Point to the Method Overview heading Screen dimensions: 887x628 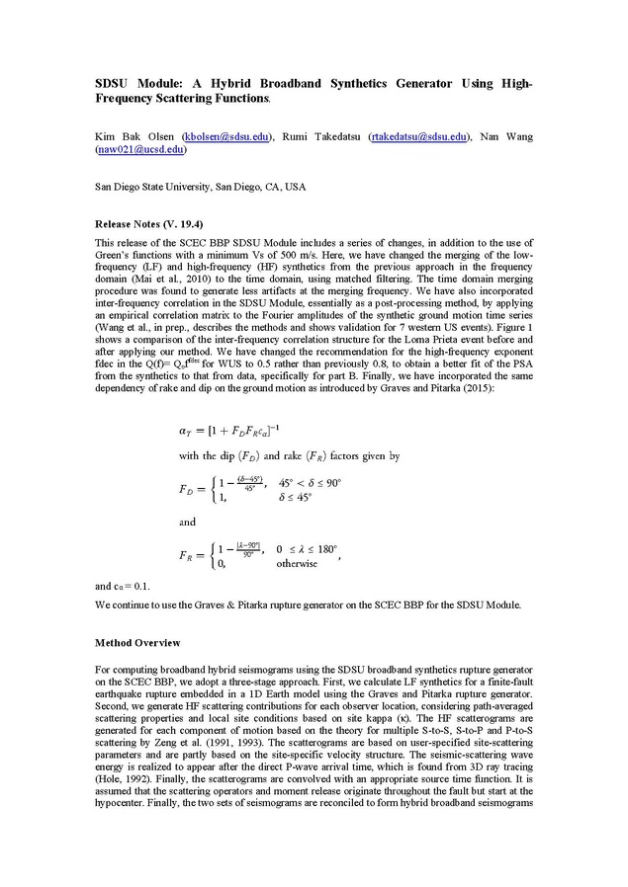[137, 642]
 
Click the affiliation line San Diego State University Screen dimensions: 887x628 [200, 186]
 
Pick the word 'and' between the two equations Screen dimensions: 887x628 [187, 522]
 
